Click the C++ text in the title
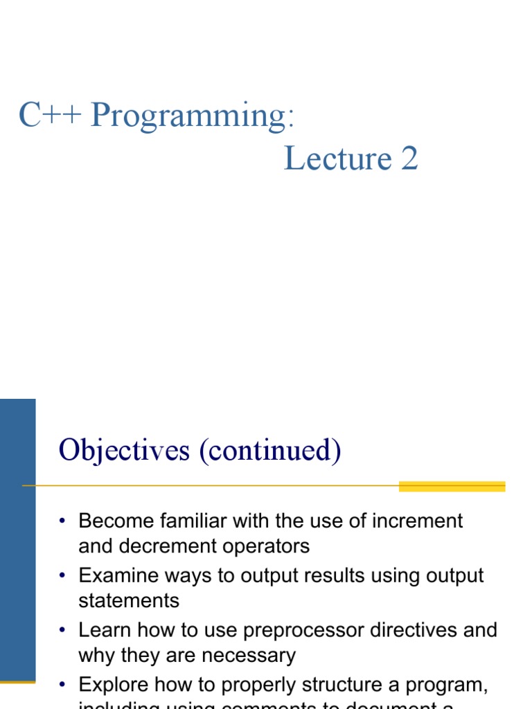[50, 116]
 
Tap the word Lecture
[337, 159]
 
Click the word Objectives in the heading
[124, 451]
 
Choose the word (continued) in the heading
[270, 451]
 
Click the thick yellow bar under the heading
[452, 487]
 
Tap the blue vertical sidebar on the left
[17, 540]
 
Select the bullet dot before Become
[62, 521]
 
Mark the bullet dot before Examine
[62, 576]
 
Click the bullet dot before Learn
[62, 631]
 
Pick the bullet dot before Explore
[62, 685]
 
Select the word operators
[268, 547]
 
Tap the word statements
[129, 601]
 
